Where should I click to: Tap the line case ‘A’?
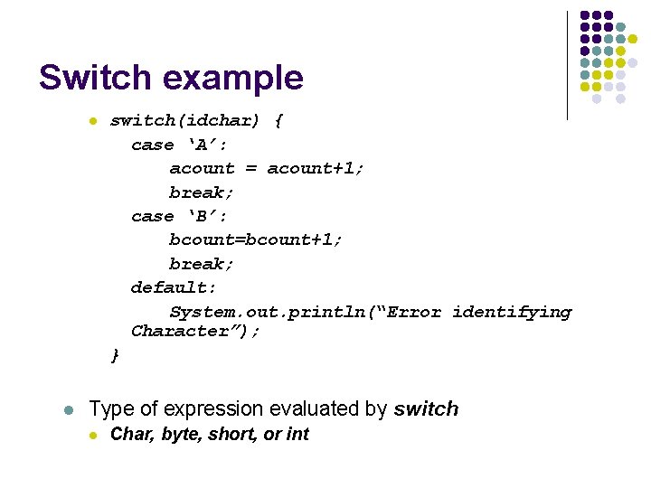coord(179,145)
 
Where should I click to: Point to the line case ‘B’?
coord(179,216)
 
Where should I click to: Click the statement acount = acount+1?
coord(267,168)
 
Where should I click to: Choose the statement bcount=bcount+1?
coord(256,239)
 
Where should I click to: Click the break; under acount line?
coord(202,192)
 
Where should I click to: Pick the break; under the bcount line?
coord(202,264)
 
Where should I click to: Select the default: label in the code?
coord(174,287)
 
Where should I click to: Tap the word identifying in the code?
coord(512,312)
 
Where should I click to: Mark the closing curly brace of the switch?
coord(114,355)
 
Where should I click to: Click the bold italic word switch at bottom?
coord(426,409)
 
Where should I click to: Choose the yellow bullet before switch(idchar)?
coord(91,121)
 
